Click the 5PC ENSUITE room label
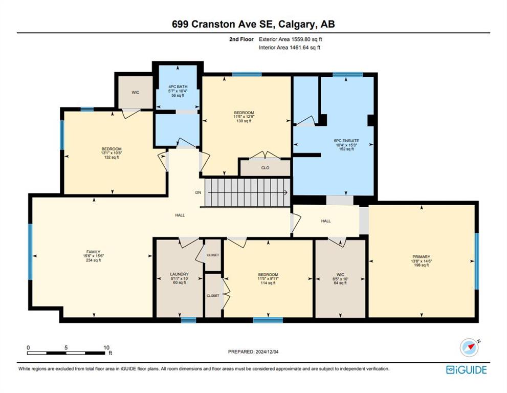coord(346,141)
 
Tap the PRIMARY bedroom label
coord(422,256)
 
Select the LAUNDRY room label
coord(179,274)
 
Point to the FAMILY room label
coord(93,252)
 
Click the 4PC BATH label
coord(178,86)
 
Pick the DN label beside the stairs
coord(198,192)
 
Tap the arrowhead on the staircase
coord(286,193)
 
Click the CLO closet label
coord(265,168)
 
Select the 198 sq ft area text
coord(422,265)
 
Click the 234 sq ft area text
coord(93,260)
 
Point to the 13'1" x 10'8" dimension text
coord(112,153)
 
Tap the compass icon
coord(469,348)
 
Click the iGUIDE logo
coord(466,369)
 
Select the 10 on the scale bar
coord(106,347)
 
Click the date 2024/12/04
coord(267,352)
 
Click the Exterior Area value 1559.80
coord(302,39)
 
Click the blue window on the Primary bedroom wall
coord(477,261)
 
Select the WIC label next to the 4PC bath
coord(136,93)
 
